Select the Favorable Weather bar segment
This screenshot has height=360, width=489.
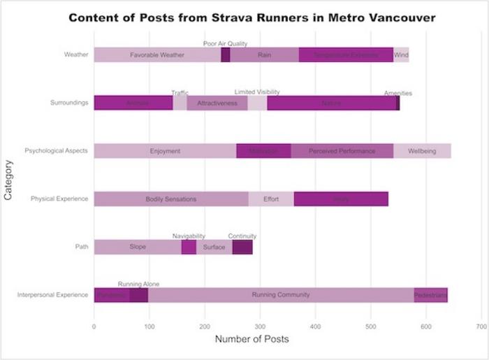click(x=157, y=55)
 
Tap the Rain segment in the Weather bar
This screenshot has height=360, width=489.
click(x=264, y=55)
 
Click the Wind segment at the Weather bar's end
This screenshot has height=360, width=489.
click(x=401, y=55)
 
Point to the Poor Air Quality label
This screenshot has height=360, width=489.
click(x=225, y=43)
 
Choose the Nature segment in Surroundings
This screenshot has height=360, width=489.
click(x=331, y=103)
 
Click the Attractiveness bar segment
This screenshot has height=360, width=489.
click(x=217, y=103)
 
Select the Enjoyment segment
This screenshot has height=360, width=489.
click(x=165, y=151)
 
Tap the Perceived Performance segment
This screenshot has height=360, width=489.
click(x=342, y=151)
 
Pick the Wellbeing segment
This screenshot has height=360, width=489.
click(x=422, y=151)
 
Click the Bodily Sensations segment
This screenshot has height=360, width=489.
click(x=170, y=199)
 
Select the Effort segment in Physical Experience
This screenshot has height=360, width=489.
click(x=271, y=199)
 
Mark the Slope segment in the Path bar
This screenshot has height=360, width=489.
click(x=138, y=247)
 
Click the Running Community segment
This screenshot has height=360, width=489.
click(x=280, y=295)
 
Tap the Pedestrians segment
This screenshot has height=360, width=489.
click(x=430, y=295)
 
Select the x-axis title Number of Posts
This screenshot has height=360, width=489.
click(x=251, y=340)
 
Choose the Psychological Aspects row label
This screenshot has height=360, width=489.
click(x=56, y=151)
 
